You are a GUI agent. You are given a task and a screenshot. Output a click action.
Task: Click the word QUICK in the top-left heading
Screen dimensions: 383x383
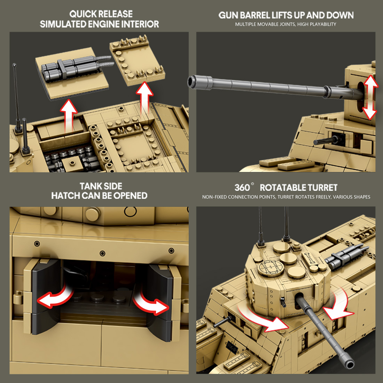tap(83, 14)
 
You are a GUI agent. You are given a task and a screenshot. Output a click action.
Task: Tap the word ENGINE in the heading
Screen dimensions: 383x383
tap(101, 24)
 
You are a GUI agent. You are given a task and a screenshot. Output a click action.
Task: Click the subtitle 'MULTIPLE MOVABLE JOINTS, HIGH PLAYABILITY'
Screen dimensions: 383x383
tap(286, 24)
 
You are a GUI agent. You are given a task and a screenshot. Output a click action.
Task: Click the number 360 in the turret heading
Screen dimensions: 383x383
tap(242, 188)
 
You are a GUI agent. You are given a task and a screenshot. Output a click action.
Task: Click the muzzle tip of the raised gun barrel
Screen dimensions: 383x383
tap(191, 81)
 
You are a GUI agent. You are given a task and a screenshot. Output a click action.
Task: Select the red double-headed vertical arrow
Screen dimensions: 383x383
tap(370, 97)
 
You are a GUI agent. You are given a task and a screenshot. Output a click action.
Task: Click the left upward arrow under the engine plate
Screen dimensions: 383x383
tap(69, 115)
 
